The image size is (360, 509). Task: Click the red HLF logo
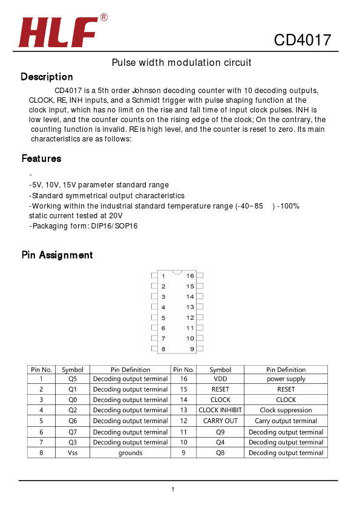tap(59, 33)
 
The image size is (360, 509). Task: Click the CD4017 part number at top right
tap(303, 41)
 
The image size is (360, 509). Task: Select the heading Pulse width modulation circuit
tap(182, 63)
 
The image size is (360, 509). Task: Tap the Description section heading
tap(47, 77)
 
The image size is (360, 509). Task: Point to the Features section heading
tap(41, 158)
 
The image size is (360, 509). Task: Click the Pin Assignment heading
tap(57, 255)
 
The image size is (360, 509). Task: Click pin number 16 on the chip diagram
tap(190, 276)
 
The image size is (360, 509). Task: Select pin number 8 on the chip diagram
tap(163, 349)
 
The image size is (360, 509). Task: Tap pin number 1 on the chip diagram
tap(163, 276)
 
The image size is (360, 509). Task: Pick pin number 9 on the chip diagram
tap(191, 349)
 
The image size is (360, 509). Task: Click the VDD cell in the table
tap(220, 379)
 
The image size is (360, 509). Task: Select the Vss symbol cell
tap(73, 453)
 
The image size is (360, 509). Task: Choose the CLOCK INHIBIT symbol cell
tap(220, 410)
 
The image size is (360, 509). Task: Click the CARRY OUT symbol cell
tap(220, 421)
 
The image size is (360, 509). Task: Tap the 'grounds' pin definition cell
tap(130, 453)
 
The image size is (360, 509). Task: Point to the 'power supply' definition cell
tap(286, 379)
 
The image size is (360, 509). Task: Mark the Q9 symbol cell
tap(220, 432)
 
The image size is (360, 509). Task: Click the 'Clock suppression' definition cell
tap(286, 410)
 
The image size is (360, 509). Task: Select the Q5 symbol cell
tap(73, 379)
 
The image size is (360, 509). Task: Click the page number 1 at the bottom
tap(173, 489)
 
